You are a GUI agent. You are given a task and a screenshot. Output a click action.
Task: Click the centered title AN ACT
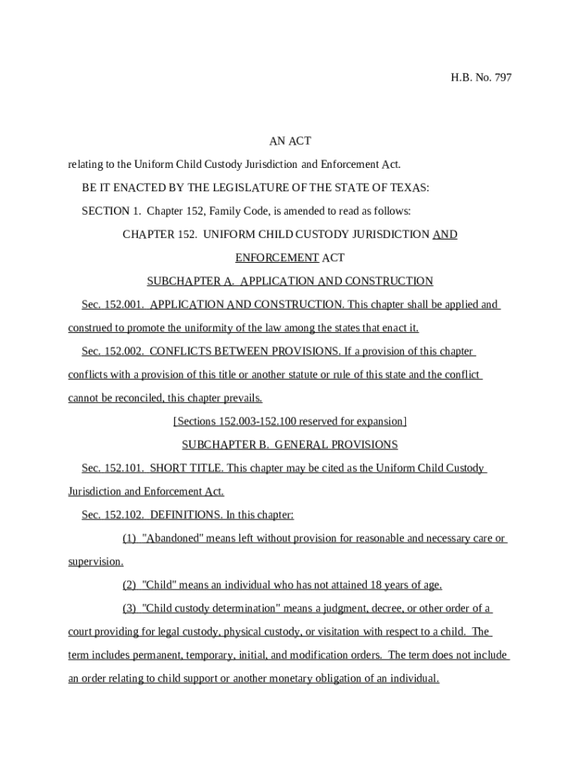pos(290,141)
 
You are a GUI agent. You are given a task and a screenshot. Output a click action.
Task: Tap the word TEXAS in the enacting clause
pos(408,187)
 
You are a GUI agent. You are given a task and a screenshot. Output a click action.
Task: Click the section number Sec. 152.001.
pos(113,305)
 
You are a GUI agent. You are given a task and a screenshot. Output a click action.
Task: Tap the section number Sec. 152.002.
pos(113,352)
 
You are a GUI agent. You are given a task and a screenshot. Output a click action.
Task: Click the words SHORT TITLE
pos(186,468)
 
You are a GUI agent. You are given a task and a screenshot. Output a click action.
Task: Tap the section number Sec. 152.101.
pos(113,468)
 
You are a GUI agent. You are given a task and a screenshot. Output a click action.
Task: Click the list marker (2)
pos(130,586)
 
